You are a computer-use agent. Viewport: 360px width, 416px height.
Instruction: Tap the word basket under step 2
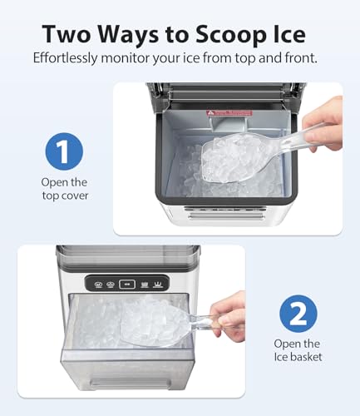pos(308,357)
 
